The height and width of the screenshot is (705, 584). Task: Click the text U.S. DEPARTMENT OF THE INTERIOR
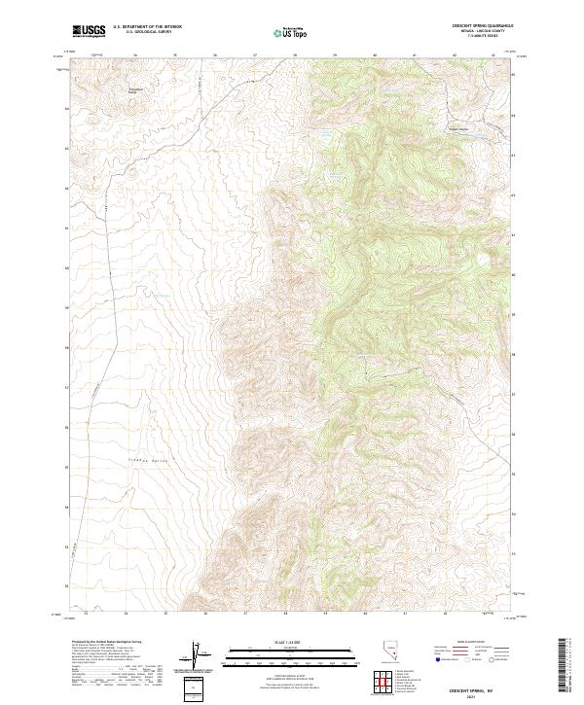147,26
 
